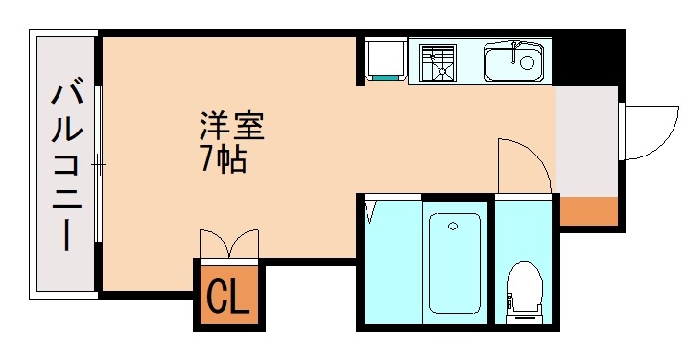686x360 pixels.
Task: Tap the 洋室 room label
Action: pos(231,125)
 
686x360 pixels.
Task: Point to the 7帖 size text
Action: pos(224,158)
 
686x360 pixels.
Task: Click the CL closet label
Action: pos(229,297)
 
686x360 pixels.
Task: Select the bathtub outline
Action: pos(454,262)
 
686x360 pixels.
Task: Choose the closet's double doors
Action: pos(229,244)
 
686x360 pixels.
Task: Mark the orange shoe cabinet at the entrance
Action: pos(588,210)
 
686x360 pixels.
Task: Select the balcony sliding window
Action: pos(99,165)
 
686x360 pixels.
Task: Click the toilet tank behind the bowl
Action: pos(524,309)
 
